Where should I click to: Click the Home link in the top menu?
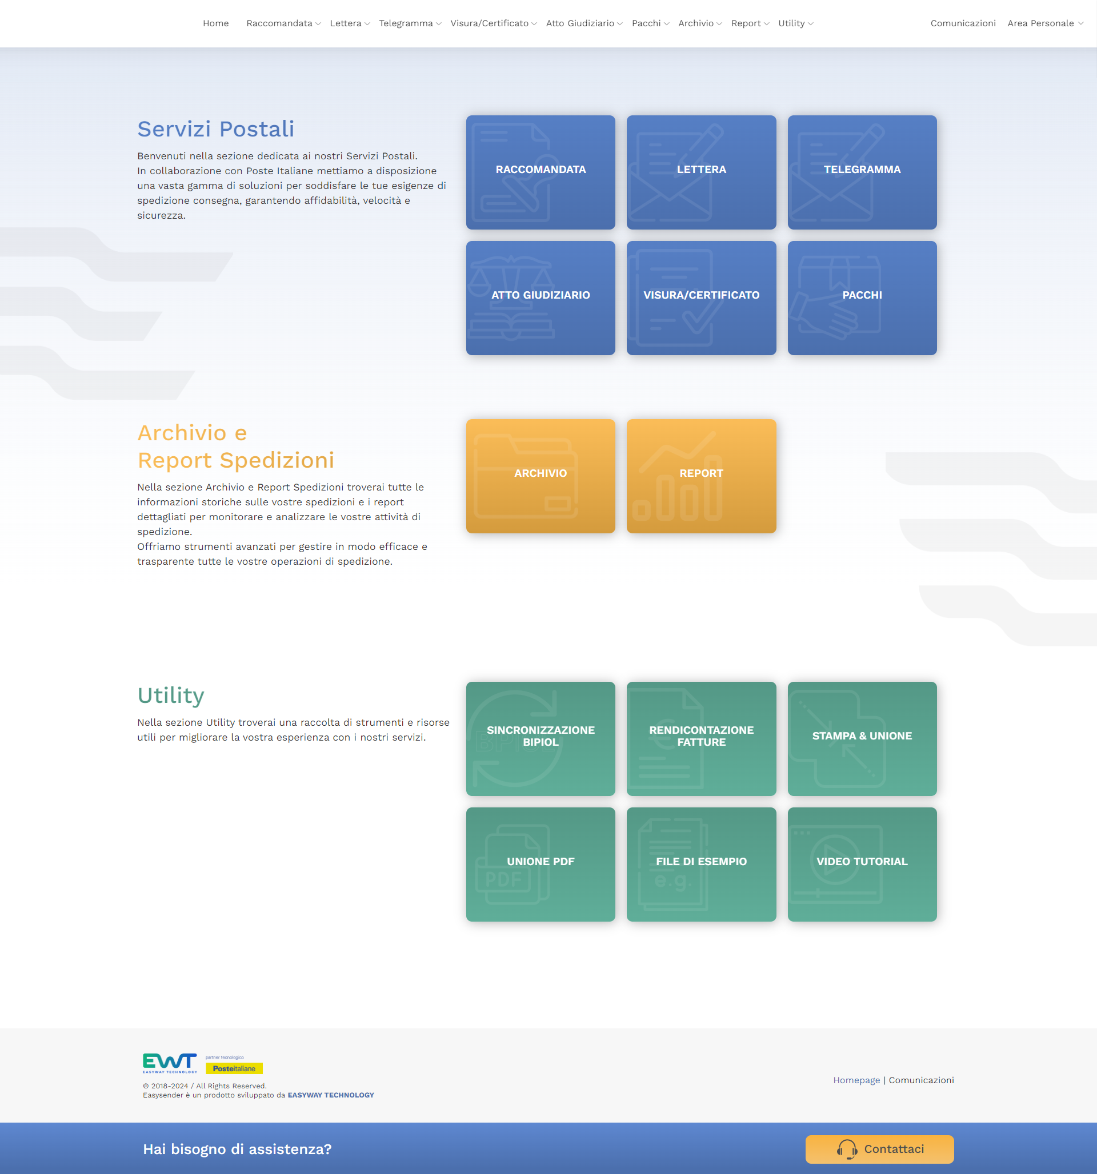pyautogui.click(x=215, y=23)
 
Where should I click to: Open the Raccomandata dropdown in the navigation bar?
pyautogui.click(x=283, y=23)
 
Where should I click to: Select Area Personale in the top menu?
pyautogui.click(x=1045, y=23)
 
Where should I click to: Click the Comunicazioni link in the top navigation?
pyautogui.click(x=963, y=23)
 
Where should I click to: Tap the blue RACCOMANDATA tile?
pyautogui.click(x=541, y=172)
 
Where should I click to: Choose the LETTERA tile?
pyautogui.click(x=701, y=172)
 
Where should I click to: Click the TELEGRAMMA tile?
pyautogui.click(x=862, y=172)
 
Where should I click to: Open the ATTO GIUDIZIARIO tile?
pyautogui.click(x=541, y=297)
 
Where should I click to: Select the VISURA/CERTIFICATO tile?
pyautogui.click(x=701, y=297)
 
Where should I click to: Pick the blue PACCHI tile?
pyautogui.click(x=862, y=297)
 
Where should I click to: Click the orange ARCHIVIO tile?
pyautogui.click(x=541, y=476)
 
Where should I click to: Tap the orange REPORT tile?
pyautogui.click(x=701, y=476)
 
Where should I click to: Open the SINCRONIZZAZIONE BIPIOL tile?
pyautogui.click(x=541, y=739)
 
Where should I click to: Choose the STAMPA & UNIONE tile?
pyautogui.click(x=862, y=739)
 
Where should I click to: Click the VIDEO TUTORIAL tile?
pyautogui.click(x=862, y=864)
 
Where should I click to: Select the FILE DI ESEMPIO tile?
pyautogui.click(x=701, y=864)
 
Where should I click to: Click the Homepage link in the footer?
pyautogui.click(x=856, y=1080)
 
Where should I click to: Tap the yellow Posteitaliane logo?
pyautogui.click(x=234, y=1068)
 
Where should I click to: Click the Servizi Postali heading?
pyautogui.click(x=216, y=128)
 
